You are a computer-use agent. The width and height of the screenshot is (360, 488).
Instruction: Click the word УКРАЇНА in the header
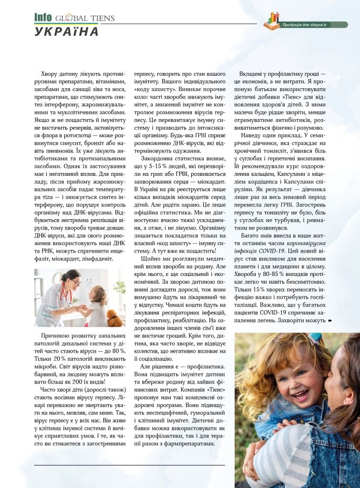(66, 32)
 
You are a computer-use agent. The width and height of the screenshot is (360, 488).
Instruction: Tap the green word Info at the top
(42, 18)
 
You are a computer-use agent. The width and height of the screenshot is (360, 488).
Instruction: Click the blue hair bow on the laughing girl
(315, 339)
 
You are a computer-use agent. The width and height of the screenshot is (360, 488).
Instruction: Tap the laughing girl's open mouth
(301, 395)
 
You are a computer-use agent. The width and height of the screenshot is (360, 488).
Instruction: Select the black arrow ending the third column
(329, 320)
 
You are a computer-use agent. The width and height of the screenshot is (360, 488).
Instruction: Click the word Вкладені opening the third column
(257, 75)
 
